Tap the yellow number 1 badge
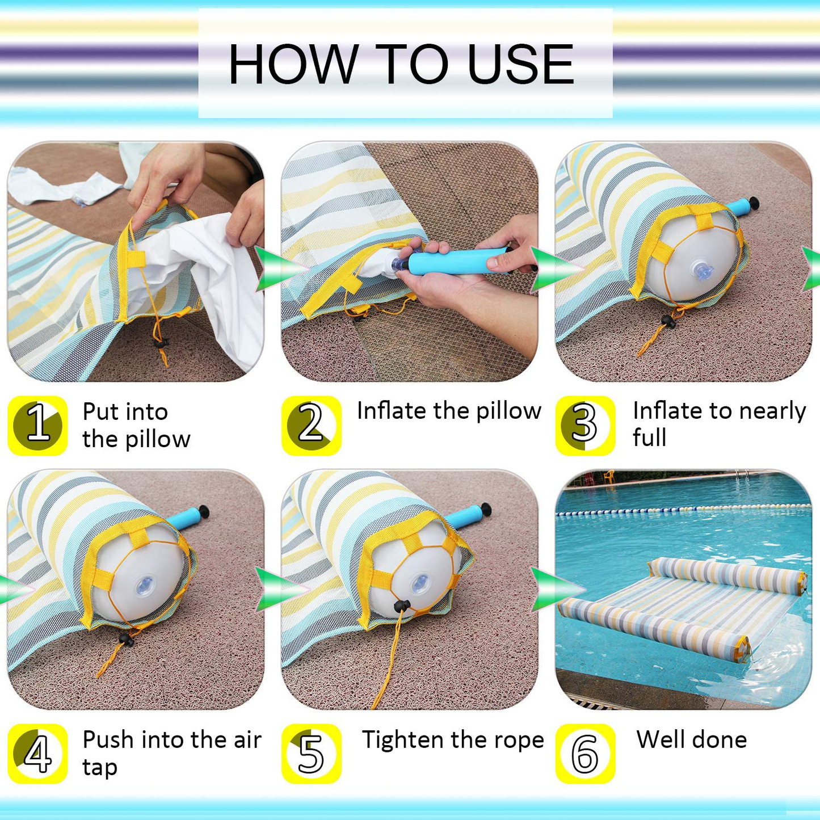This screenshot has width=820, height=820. coord(37,426)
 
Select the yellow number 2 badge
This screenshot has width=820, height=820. coord(312,426)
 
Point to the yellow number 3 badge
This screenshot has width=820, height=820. coord(585,426)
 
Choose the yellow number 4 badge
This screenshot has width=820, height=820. coord(37,754)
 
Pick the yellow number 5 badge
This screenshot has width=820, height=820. coord(312,754)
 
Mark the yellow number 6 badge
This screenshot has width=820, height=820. coord(585,754)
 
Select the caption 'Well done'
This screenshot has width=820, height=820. coord(692,739)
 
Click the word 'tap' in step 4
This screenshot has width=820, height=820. coord(99,768)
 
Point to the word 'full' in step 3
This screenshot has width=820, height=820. coord(649,437)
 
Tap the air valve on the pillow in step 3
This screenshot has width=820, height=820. coord(702,271)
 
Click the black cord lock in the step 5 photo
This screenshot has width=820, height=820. coord(402,605)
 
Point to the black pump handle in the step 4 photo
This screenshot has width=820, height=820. coord(204,511)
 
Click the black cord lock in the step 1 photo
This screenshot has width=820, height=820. coord(162,343)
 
